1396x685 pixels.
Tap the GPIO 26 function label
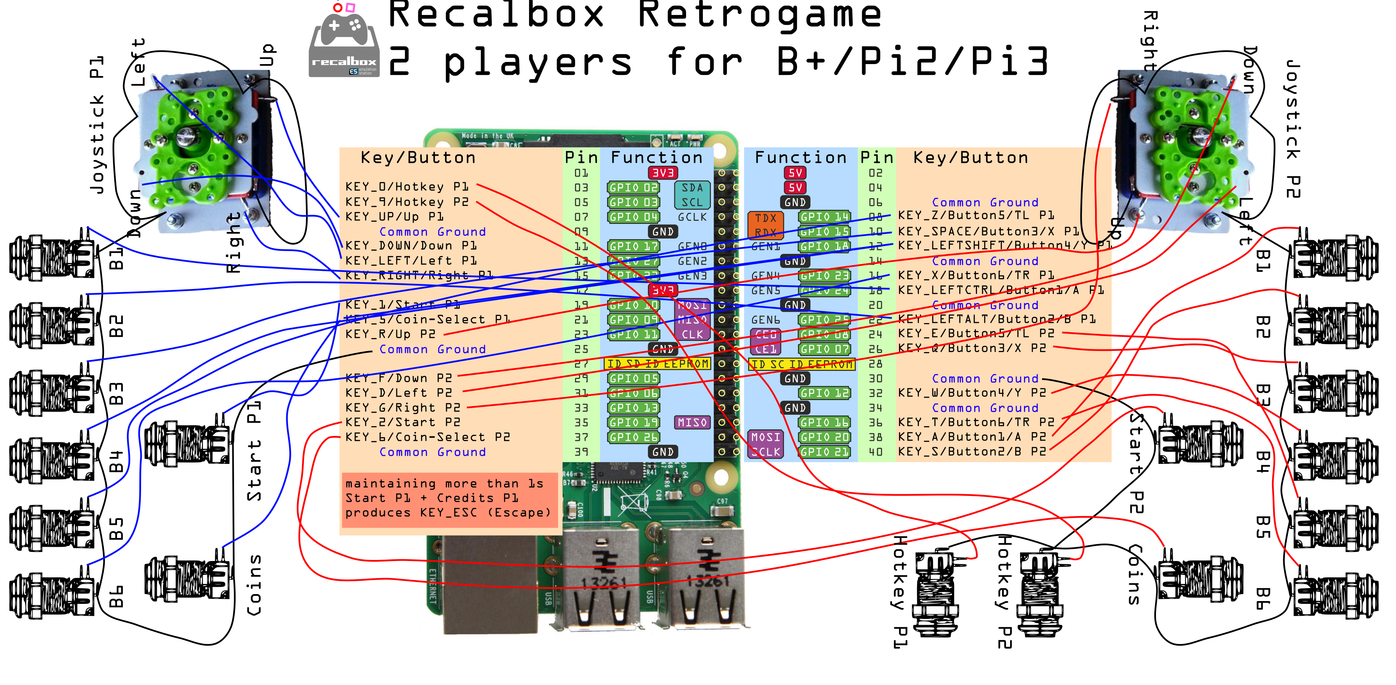[x=633, y=437]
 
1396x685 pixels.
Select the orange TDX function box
[x=765, y=218]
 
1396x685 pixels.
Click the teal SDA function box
[x=692, y=187]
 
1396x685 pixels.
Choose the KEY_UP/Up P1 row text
[x=395, y=217]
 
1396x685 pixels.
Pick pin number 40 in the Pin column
[x=875, y=451]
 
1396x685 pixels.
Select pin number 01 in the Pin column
[x=581, y=173]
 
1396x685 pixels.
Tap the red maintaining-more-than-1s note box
[x=449, y=499]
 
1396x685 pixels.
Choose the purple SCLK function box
[x=765, y=451]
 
